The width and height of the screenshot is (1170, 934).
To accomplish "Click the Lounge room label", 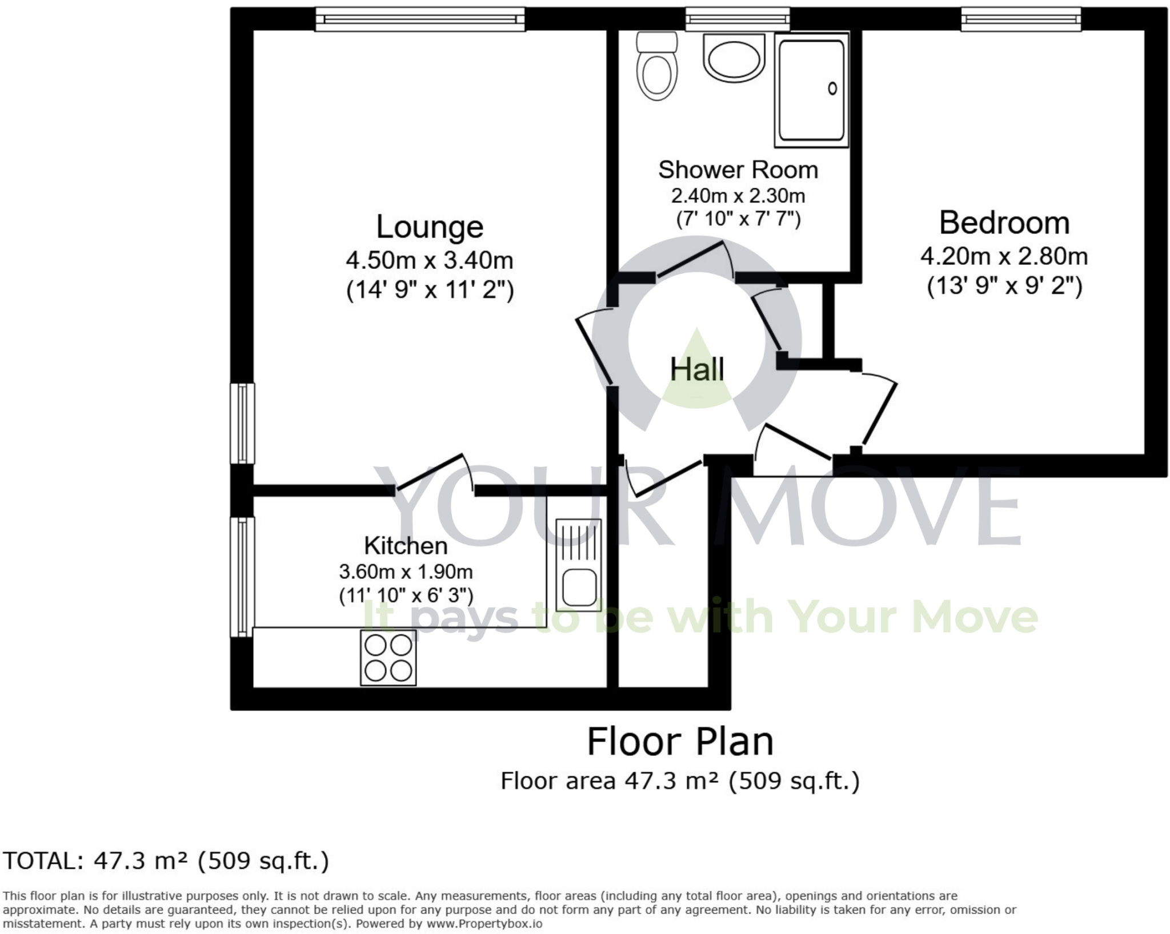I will tap(430, 227).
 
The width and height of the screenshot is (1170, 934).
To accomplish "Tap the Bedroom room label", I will tap(1004, 223).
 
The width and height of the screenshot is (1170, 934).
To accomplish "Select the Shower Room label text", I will tap(738, 170).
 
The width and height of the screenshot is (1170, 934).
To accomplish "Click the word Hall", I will tap(697, 369).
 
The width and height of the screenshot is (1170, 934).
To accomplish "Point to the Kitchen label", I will tap(406, 546).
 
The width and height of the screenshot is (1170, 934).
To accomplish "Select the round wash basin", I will tap(734, 57).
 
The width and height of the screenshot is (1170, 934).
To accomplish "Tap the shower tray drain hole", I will tap(832, 88).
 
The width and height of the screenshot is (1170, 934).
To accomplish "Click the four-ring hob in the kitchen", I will tap(388, 658).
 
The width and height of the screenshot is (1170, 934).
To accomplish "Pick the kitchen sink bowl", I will tap(579, 587).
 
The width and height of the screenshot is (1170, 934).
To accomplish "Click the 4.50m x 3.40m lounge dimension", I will tap(430, 261).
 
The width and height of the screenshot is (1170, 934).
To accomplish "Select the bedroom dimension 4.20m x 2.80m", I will tap(1004, 256).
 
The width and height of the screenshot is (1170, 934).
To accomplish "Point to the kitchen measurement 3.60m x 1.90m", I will tap(406, 571).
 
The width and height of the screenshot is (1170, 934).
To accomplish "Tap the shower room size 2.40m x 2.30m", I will tap(738, 196).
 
